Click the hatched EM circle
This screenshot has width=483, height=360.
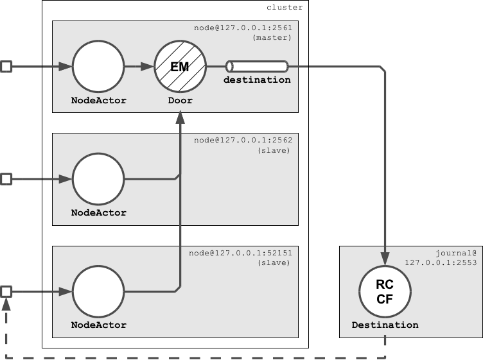click(180, 66)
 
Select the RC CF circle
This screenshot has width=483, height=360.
click(385, 291)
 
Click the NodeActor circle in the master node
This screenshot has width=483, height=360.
click(98, 66)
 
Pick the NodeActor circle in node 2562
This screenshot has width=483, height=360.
click(98, 179)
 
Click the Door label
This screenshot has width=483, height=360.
click(180, 101)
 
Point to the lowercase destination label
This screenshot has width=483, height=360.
click(257, 80)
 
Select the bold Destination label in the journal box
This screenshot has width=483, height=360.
click(385, 325)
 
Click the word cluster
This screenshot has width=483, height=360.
click(285, 8)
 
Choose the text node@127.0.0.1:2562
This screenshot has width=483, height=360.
click(243, 140)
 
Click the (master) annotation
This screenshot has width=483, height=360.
click(273, 38)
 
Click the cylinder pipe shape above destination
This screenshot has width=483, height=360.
click(257, 66)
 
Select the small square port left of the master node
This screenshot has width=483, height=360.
click(6, 66)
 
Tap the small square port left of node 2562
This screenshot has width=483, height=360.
click(6, 179)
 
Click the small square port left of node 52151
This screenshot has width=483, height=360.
click(6, 292)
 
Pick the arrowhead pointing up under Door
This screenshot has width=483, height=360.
click(180, 117)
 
